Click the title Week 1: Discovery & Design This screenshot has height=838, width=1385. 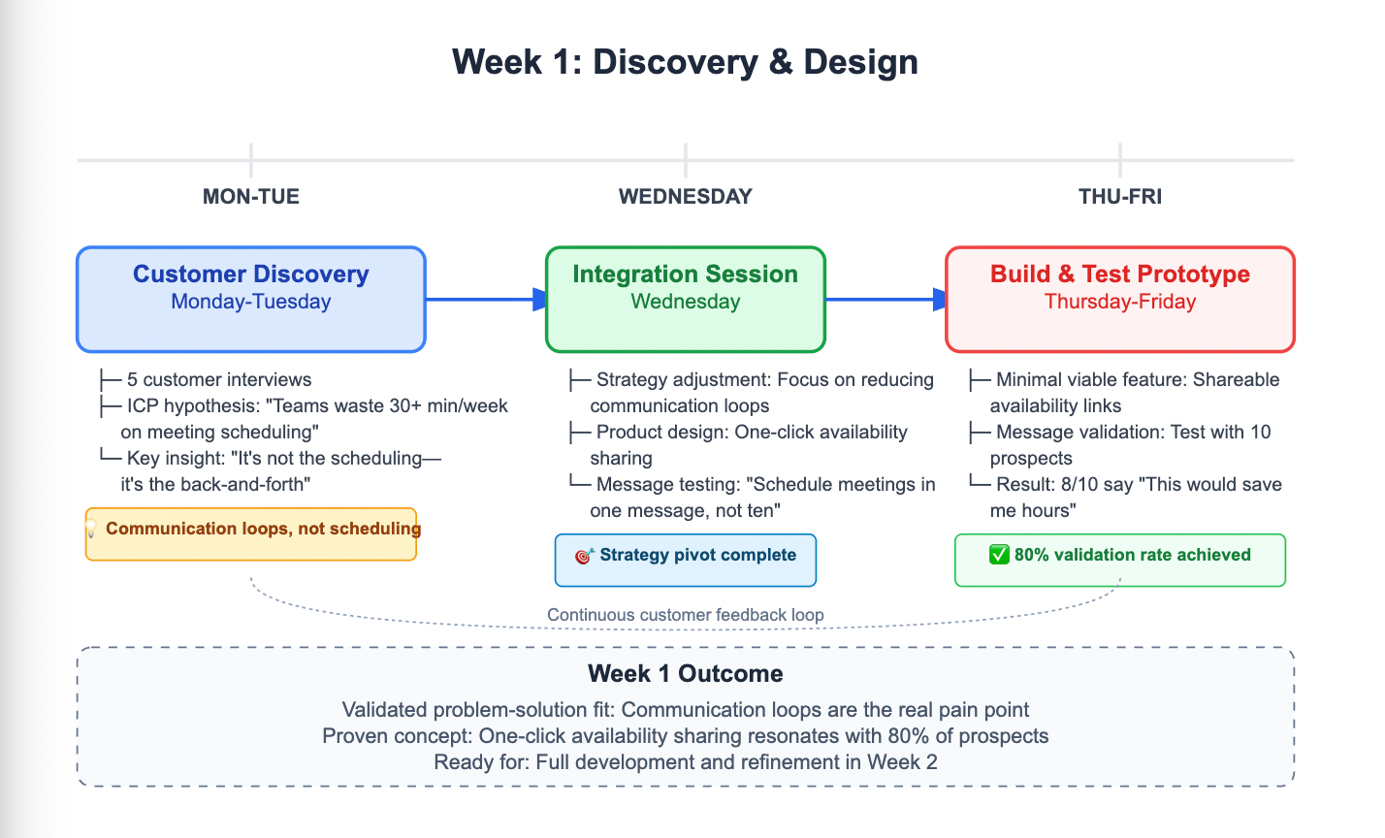click(685, 62)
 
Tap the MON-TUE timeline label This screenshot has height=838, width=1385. click(251, 197)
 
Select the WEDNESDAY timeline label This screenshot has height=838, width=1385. click(685, 197)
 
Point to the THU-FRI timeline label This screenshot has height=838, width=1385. click(1119, 197)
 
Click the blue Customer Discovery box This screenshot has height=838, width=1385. click(251, 299)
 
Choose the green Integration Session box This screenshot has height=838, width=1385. click(685, 299)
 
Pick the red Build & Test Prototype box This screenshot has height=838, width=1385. click(1119, 299)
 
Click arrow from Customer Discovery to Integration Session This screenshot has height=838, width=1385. click(485, 300)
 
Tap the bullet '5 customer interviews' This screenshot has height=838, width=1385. click(219, 380)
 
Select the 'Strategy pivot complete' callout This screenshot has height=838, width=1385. click(696, 556)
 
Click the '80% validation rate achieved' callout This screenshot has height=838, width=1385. click(1131, 556)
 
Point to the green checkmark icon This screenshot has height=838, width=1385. click(998, 555)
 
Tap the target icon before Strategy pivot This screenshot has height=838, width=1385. click(584, 556)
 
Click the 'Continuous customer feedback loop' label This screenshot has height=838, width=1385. click(685, 615)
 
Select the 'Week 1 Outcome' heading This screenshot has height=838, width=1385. click(685, 674)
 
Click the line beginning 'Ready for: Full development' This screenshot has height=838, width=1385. click(685, 762)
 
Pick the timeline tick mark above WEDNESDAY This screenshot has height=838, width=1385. click(685, 158)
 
